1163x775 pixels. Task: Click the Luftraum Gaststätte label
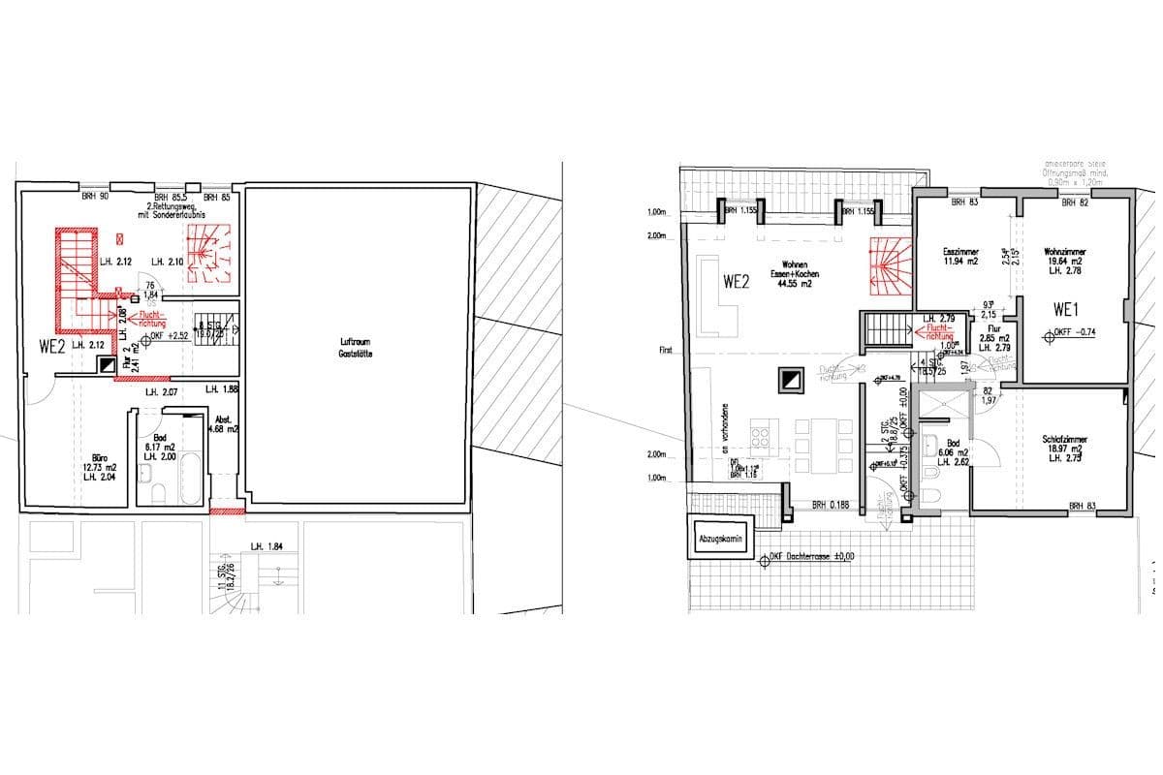(356, 349)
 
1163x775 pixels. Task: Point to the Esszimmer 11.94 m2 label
(962, 257)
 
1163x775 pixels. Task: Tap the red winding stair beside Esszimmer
(890, 265)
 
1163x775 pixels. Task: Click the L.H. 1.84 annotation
(267, 547)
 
